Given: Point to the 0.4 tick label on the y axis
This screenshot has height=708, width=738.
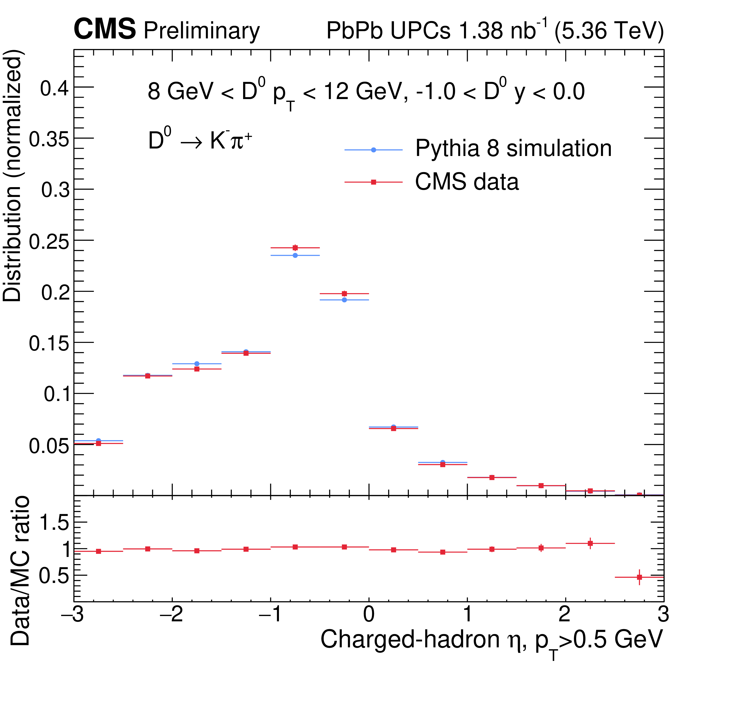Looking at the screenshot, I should (55, 89).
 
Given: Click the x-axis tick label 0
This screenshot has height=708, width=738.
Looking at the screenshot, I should (369, 614).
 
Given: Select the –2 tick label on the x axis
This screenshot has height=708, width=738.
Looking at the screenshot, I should (172, 614).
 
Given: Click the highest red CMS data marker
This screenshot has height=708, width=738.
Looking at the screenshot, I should (295, 248).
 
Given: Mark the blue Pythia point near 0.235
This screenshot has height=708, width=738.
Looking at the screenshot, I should (295, 255).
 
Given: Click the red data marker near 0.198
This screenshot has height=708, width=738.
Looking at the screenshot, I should (344, 293).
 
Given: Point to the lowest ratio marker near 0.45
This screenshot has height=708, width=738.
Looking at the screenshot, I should (639, 577).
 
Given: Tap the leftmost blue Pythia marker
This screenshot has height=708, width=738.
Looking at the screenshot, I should (99, 440).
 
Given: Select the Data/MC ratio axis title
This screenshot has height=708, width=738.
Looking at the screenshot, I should (20, 571).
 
